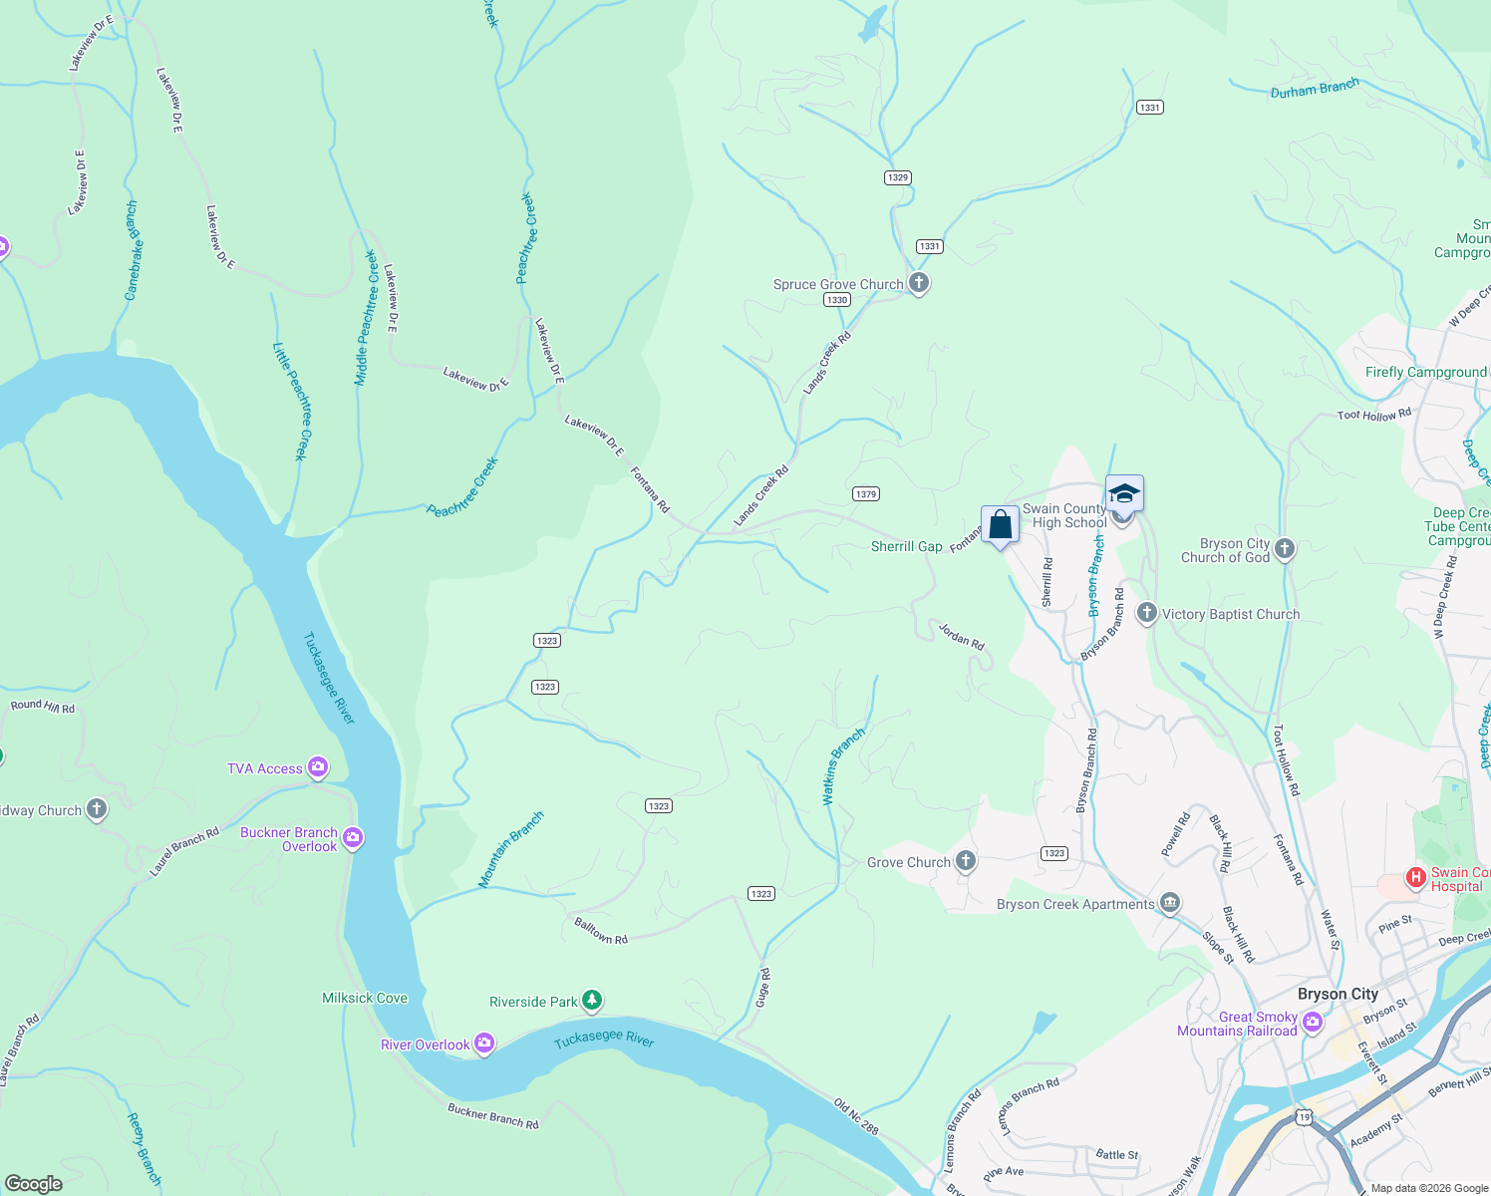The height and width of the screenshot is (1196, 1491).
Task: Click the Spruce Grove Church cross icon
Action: [918, 284]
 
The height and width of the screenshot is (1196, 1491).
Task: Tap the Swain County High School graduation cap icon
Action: [1124, 494]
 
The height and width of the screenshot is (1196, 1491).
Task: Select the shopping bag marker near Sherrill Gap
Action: [1000, 524]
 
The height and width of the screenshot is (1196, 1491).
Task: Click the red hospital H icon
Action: [1415, 878]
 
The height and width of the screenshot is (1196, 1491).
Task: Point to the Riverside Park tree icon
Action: [592, 1000]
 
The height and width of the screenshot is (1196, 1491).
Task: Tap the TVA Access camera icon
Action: [318, 766]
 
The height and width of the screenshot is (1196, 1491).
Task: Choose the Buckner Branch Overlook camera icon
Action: [353, 838]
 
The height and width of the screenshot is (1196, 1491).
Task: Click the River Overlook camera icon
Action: [484, 1044]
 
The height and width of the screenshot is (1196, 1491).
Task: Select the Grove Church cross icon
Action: [965, 861]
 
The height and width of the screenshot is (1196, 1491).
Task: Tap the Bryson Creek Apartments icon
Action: [1170, 903]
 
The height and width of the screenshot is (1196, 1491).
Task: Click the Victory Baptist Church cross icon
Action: [1146, 613]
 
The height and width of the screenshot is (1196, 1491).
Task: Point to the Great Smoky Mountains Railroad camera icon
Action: [1313, 1023]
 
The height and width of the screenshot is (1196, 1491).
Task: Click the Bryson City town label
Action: [1338, 994]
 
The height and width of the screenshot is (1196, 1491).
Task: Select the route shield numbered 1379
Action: [865, 494]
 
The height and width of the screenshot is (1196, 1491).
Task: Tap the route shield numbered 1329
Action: [897, 177]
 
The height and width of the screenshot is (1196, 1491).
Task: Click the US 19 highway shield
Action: [1304, 1118]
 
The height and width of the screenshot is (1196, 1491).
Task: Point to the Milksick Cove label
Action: [365, 998]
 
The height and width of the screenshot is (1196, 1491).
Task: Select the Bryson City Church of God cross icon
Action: [1285, 548]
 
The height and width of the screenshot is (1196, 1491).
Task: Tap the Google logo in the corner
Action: [34, 1183]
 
